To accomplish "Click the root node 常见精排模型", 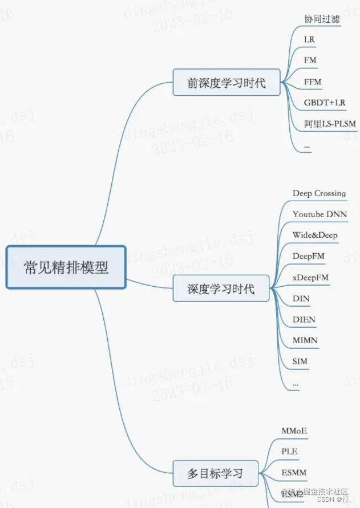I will click(x=66, y=267).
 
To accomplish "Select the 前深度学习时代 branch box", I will click(x=226, y=83).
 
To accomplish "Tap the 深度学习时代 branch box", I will click(x=221, y=288).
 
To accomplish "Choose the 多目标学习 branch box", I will click(x=215, y=473).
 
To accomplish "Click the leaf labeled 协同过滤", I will click(x=322, y=19).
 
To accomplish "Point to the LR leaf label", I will click(x=310, y=39).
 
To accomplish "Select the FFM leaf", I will click(x=313, y=82).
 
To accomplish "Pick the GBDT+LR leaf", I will click(x=325, y=103).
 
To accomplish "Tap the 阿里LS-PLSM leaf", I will click(x=330, y=124).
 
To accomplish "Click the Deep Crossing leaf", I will click(x=319, y=193).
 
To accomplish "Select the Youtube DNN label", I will click(x=319, y=214).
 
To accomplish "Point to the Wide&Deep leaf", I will click(x=315, y=235).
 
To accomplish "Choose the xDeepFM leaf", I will click(x=310, y=277).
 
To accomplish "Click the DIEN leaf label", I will click(x=304, y=319).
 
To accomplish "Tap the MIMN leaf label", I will click(x=305, y=340).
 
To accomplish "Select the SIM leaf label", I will click(x=300, y=361).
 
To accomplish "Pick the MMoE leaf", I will click(x=294, y=430).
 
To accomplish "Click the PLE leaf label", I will click(x=289, y=452).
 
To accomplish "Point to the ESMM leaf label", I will click(x=294, y=472).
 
